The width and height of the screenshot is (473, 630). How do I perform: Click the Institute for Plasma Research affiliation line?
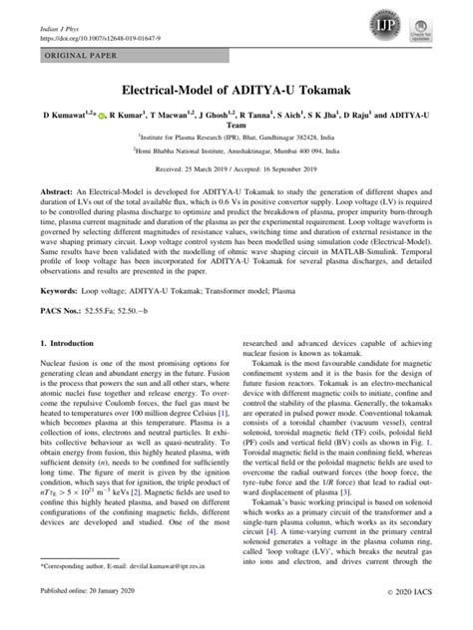236,143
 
